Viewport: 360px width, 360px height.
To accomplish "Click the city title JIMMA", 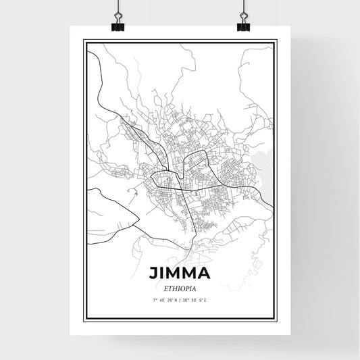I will pos(180,274).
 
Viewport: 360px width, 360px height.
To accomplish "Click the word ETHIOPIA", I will pos(180,288).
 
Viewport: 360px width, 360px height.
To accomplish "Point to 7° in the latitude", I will pos(155,299).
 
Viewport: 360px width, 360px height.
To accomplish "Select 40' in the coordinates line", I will pos(162,299).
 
